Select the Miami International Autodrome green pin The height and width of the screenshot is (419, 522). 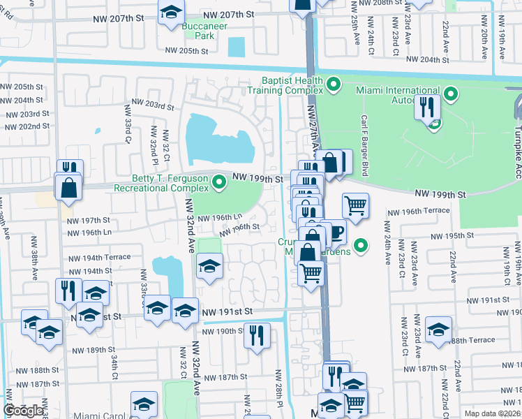point(451,94)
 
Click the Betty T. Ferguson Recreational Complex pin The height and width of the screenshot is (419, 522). point(220,183)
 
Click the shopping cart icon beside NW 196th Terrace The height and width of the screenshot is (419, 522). point(356,205)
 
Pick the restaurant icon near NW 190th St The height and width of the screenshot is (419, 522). point(257,335)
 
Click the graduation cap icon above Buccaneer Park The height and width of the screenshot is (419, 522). point(170,13)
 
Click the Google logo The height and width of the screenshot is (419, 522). point(24,411)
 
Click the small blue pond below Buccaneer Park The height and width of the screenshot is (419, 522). point(237,47)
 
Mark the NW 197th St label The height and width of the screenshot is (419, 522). point(89,220)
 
